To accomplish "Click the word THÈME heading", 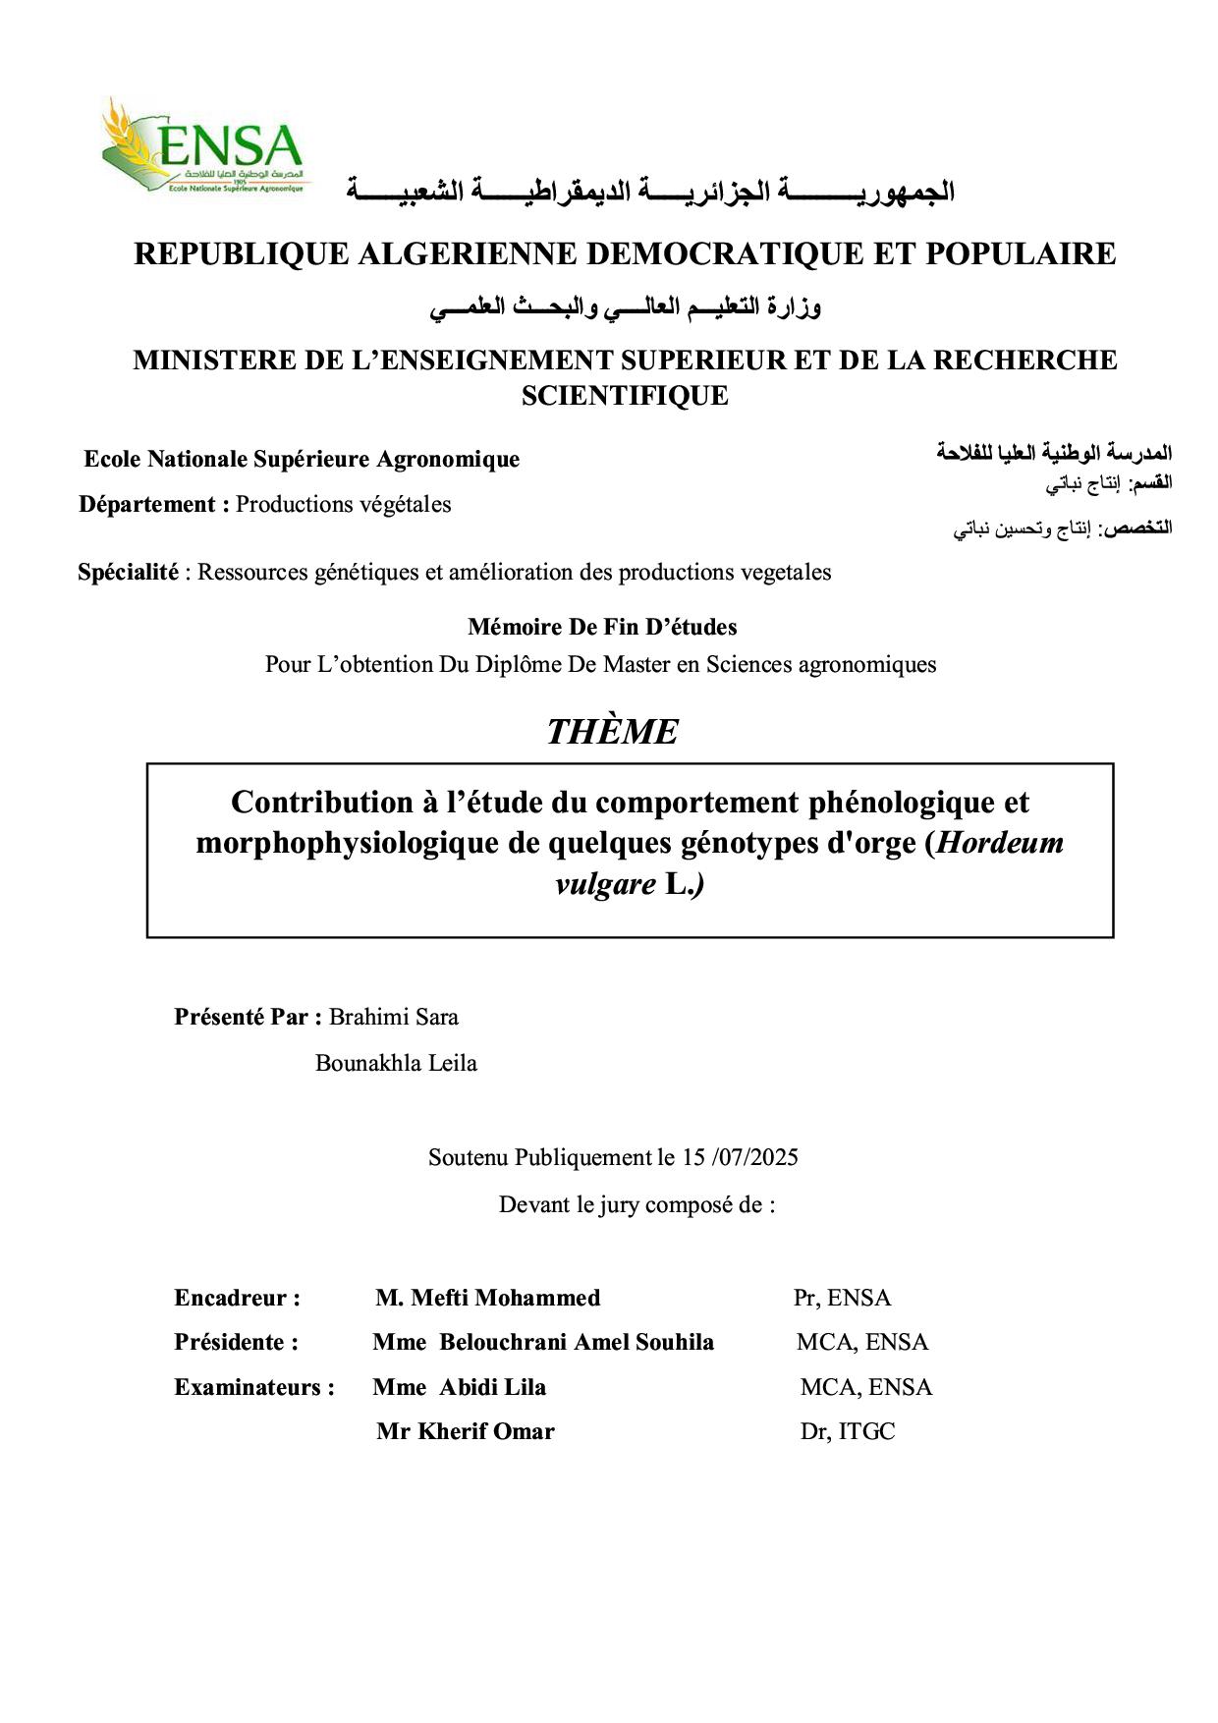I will pos(612,732).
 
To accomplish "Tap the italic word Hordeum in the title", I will pos(1000,843).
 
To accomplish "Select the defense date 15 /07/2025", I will pos(740,1157).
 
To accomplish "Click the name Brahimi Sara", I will pos(393,1017).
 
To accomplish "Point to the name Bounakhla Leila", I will pos(396,1063).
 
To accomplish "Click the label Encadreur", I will pos(237,1298).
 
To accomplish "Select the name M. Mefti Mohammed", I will pos(487,1298).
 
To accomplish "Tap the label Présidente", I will pos(236,1342).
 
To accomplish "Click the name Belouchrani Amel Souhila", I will pos(576,1342).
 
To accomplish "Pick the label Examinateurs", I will pos(253,1387).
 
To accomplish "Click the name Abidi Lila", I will pos(492,1387).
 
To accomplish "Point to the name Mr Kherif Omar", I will pos(465,1431).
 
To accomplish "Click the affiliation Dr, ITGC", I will pos(847,1431).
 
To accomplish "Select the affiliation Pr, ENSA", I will pos(842,1298).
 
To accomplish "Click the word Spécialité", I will pos(128,572).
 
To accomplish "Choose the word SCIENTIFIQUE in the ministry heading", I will pos(625,396).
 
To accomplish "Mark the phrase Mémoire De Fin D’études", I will pos(602,627).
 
